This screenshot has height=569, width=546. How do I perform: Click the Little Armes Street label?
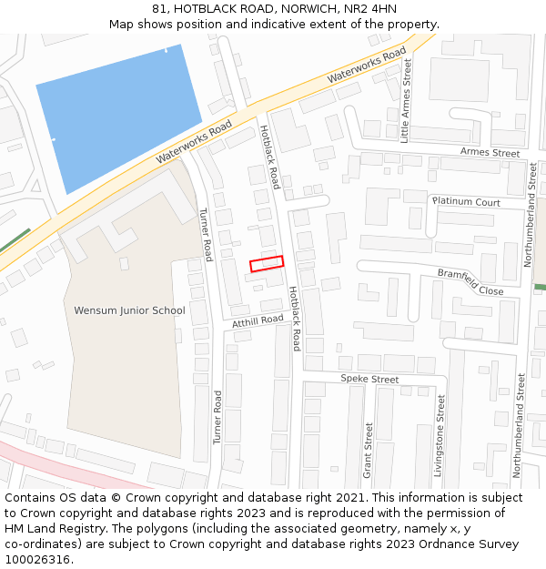pyautogui.click(x=407, y=102)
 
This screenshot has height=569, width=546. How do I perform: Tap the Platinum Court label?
pyautogui.click(x=466, y=201)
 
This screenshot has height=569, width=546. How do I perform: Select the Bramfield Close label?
pyautogui.click(x=470, y=281)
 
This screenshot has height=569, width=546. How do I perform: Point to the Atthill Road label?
pyautogui.click(x=258, y=321)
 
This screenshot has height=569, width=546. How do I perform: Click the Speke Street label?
pyautogui.click(x=369, y=379)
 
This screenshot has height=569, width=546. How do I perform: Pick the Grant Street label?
pyautogui.click(x=369, y=450)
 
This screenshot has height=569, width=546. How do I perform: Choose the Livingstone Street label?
pyautogui.click(x=440, y=436)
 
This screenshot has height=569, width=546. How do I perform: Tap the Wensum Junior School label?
pyautogui.click(x=129, y=310)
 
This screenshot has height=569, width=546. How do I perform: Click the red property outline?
pyautogui.click(x=267, y=263)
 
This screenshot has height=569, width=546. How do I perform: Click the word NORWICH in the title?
pyautogui.click(x=306, y=8)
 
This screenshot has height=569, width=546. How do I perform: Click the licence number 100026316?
pyautogui.click(x=38, y=559)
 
